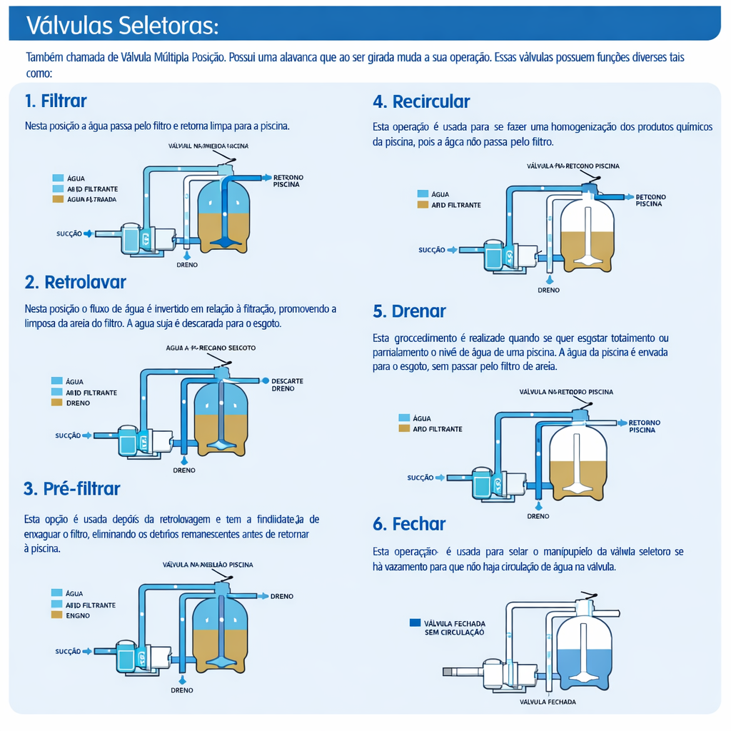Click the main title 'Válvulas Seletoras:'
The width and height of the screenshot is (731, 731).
tap(122, 25)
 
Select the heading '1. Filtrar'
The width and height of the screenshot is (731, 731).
tap(56, 101)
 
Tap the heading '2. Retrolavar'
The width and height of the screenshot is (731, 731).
tap(75, 282)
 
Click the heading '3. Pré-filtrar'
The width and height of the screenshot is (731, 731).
tap(71, 488)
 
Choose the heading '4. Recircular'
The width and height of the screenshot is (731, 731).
tap(421, 101)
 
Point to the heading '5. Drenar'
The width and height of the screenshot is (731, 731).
tap(409, 311)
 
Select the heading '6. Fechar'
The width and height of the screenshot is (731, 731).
tap(409, 524)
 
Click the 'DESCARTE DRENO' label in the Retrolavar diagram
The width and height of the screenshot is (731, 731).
tap(287, 385)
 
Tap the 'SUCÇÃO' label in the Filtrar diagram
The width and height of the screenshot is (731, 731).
tap(69, 233)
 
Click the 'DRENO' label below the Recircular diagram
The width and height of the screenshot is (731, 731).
tap(548, 291)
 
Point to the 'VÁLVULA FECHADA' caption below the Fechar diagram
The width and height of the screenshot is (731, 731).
tap(548, 702)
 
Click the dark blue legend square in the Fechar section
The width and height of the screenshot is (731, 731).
tap(415, 622)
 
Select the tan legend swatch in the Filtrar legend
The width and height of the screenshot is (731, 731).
tap(58, 199)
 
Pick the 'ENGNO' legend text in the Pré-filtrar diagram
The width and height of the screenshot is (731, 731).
tap(78, 615)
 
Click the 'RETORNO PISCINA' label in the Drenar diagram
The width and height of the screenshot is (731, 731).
tap(644, 426)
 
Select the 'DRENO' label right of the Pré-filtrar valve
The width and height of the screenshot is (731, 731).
tap(282, 596)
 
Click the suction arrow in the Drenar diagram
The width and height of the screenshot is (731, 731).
tap(440, 478)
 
